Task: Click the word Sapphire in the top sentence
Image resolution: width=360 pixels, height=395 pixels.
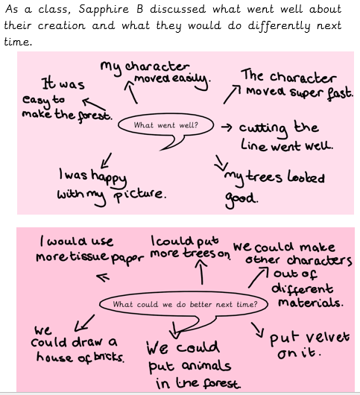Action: [104, 10]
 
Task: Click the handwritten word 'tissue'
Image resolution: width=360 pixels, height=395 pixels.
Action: [89, 256]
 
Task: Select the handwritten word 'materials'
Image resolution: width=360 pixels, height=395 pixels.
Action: [311, 303]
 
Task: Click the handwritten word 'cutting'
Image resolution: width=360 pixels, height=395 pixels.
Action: [264, 129]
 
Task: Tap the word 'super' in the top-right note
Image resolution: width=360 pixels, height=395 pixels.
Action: [306, 93]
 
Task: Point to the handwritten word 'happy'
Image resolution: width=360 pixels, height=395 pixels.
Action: [109, 177]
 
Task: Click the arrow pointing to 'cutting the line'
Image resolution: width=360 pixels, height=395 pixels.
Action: [227, 127]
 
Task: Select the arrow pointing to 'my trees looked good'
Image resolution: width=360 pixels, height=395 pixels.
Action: [220, 162]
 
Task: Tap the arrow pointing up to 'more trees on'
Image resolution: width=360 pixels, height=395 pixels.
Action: [202, 272]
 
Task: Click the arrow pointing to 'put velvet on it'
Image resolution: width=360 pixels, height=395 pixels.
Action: [258, 329]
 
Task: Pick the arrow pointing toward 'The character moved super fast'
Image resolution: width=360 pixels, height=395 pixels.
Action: [232, 94]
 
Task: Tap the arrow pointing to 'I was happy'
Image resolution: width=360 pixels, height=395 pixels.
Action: [106, 160]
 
